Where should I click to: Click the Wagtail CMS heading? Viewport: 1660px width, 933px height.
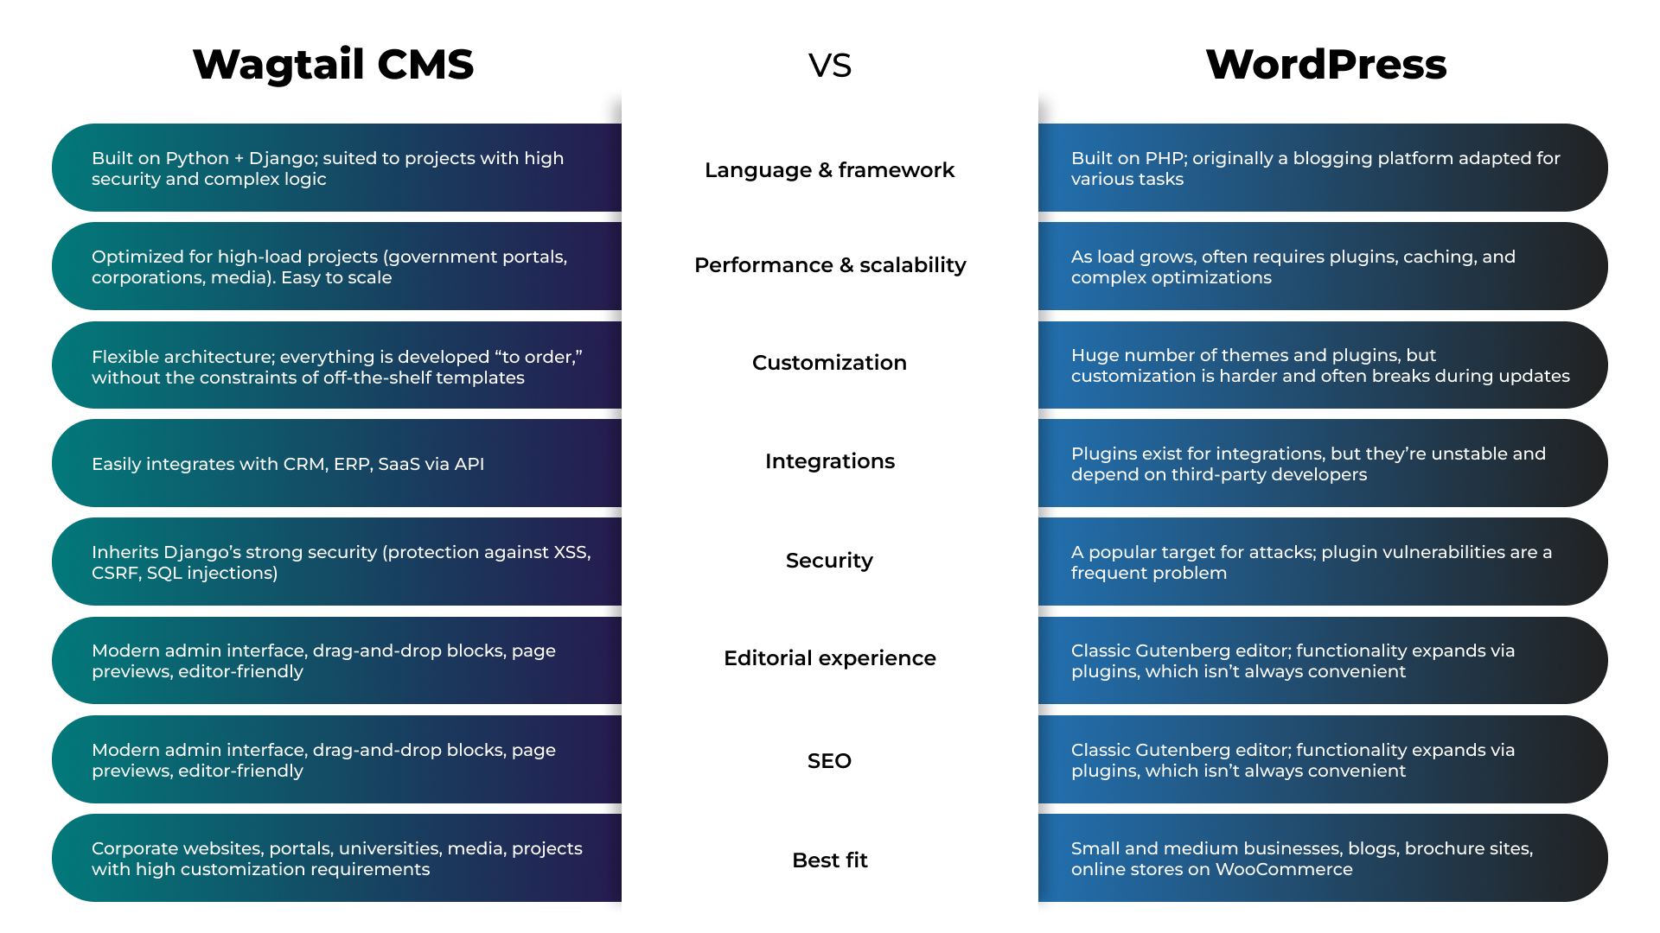333,65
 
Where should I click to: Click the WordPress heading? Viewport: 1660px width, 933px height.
1325,65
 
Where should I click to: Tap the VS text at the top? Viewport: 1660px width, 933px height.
830,66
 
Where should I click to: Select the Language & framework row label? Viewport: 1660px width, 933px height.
829,170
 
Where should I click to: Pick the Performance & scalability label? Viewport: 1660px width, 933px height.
830,265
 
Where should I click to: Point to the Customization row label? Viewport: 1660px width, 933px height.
829,363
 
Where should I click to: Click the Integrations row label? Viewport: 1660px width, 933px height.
830,461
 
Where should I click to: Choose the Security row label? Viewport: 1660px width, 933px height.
829,561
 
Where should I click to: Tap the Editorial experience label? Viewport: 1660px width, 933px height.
830,658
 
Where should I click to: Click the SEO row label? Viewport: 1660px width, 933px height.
829,761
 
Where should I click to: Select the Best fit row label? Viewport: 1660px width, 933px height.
830,860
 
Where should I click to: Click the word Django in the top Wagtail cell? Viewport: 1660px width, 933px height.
280,159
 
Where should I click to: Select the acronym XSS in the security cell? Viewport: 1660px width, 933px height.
571,553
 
